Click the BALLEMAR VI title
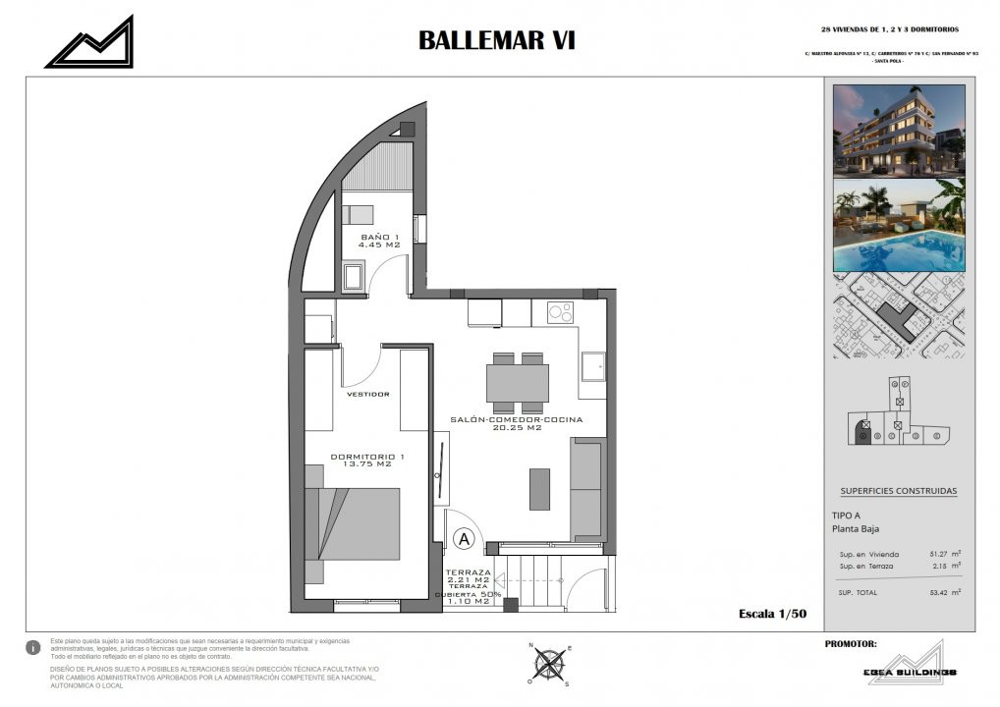496,40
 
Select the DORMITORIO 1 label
366,461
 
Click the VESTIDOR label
368,394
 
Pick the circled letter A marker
465,539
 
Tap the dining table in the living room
517,383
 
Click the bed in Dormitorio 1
354,524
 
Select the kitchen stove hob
559,313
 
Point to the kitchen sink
592,366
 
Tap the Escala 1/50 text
772,614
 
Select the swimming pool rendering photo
899,225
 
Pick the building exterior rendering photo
899,130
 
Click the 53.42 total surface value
944,592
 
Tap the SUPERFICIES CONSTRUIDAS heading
898,491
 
